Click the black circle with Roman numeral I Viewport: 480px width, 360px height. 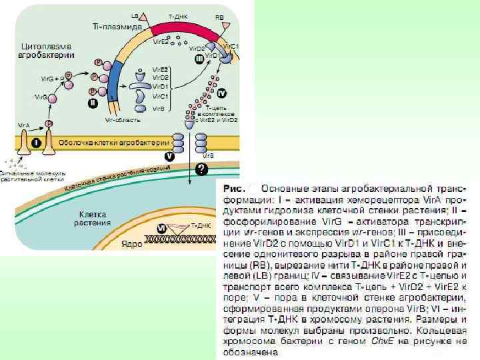(x=35, y=143)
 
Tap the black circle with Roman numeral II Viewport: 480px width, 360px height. (x=93, y=103)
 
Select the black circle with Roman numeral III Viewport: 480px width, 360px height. (x=199, y=59)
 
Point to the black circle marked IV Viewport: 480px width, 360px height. (x=222, y=93)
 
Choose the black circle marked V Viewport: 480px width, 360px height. (x=169, y=155)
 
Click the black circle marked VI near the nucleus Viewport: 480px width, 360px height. (x=161, y=229)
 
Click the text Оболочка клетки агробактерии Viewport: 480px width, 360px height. (x=113, y=143)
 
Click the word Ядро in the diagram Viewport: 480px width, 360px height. (x=131, y=244)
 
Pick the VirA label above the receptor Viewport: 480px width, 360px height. (x=24, y=125)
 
